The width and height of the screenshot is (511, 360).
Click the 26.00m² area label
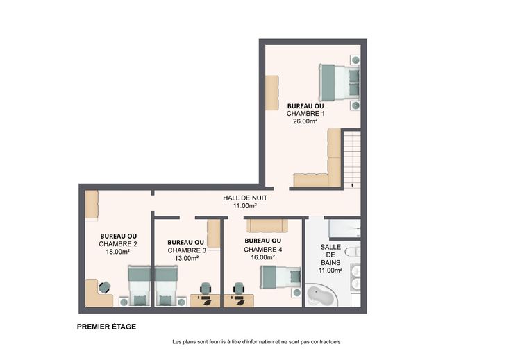coord(305,121)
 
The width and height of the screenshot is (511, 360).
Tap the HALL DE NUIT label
coord(245,198)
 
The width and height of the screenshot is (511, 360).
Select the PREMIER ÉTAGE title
coord(106,327)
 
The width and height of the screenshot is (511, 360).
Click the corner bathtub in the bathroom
coord(319,295)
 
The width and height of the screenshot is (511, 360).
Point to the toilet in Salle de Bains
coord(353,252)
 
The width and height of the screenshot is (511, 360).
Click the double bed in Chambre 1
coord(339,83)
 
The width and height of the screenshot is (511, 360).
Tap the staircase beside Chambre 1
coord(352,159)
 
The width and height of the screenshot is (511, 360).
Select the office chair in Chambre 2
coord(104,287)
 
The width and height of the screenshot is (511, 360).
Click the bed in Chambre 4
coord(280,277)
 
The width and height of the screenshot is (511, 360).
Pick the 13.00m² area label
coord(187,259)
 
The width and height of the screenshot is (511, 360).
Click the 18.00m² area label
coord(117,252)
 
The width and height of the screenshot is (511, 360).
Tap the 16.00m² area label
coord(262,257)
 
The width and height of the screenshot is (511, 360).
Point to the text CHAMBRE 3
coord(187,250)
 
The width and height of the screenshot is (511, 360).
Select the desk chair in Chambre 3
coord(206,288)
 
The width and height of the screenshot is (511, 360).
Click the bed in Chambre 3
coord(166,286)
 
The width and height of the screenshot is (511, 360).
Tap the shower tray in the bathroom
coord(344,228)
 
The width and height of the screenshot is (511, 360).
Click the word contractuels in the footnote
coord(325,342)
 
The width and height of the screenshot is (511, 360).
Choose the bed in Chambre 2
coord(140,286)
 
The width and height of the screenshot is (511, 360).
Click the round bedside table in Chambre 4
coord(296,293)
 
